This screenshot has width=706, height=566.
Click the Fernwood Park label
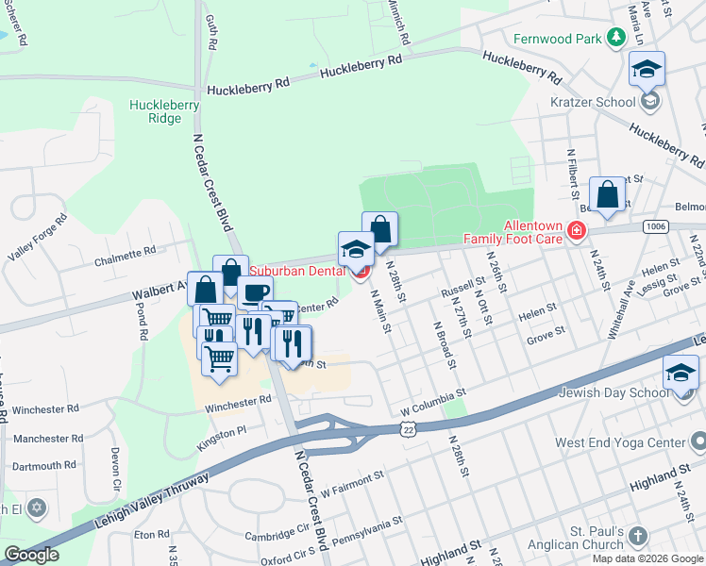point(557,39)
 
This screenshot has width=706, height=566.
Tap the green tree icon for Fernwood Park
point(616,38)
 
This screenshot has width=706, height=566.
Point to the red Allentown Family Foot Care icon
point(577,231)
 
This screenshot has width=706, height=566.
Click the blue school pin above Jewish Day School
point(681,373)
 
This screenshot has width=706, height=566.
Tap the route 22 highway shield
point(407,429)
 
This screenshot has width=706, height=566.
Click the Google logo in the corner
point(30,555)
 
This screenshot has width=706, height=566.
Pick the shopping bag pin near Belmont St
point(608,195)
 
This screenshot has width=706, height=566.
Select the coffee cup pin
point(254,293)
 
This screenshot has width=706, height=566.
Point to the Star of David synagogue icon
point(37,508)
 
